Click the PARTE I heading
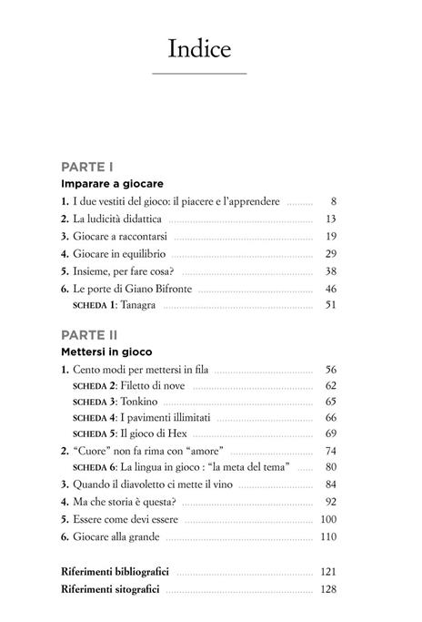tap(86, 167)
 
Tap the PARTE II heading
tap(88, 335)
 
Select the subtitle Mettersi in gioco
tap(106, 351)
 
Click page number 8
tap(334, 200)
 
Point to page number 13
tap(331, 219)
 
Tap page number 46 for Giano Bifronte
tap(330, 288)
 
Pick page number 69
tap(330, 432)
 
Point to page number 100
tap(328, 518)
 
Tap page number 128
tap(328, 589)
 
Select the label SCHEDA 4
tap(93, 416)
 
